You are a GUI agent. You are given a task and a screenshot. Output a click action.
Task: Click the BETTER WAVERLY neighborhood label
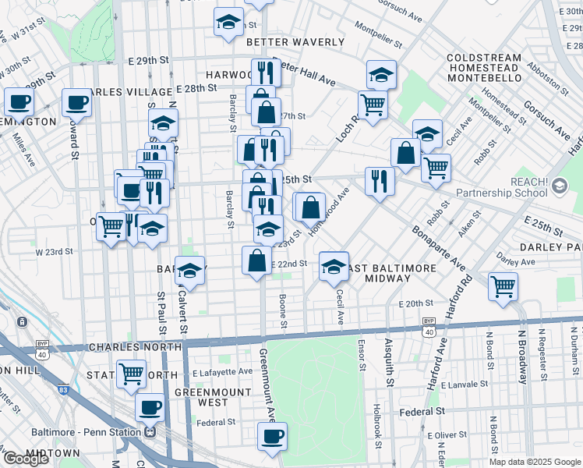click(295, 42)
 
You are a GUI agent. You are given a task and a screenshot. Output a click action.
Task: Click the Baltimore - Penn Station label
click(88, 432)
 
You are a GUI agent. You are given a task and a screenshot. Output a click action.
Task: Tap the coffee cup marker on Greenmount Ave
click(272, 437)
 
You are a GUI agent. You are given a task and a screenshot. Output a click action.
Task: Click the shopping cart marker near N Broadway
click(503, 285)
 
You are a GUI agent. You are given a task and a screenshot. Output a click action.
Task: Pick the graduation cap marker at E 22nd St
click(334, 266)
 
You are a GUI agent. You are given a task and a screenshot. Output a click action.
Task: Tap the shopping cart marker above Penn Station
click(131, 374)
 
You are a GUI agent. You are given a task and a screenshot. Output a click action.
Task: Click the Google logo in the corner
click(26, 459)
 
